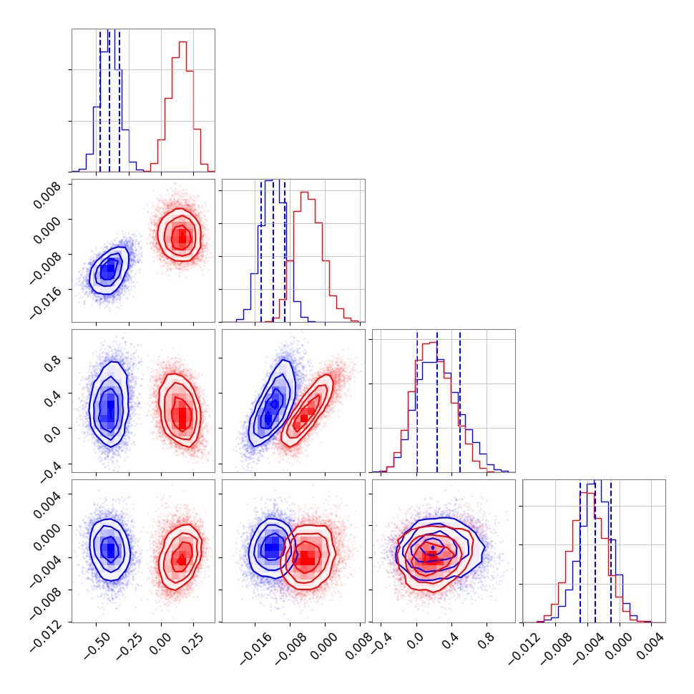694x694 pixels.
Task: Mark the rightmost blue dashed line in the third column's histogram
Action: (460, 401)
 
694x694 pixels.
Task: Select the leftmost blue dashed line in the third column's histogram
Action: (417, 401)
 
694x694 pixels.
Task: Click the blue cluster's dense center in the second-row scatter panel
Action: (108, 271)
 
